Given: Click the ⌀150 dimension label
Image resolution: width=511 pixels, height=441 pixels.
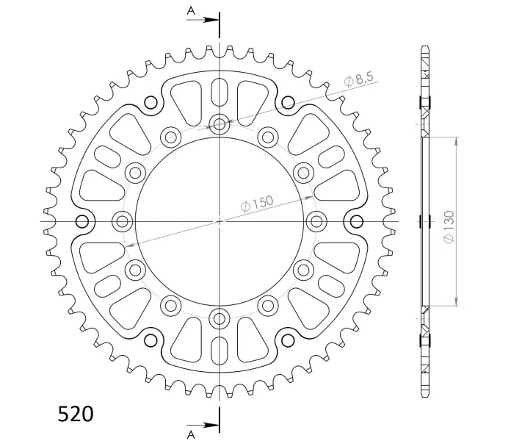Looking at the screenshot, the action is point(257,204).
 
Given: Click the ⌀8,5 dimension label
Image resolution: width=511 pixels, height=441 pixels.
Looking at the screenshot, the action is point(358,79).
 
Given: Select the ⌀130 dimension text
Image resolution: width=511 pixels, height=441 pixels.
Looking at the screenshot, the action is point(449,227).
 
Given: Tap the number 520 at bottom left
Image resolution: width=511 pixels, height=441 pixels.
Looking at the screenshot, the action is point(76,414).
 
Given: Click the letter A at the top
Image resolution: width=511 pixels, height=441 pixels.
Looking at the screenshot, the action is point(191,11).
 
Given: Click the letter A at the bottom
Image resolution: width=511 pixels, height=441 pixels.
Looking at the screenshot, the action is point(191,434).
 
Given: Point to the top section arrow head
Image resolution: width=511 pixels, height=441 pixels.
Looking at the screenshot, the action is point(211,20).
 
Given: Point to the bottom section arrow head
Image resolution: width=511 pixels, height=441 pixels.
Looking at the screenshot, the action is point(211,426).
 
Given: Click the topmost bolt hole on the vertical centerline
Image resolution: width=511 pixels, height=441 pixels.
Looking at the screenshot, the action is point(220,123).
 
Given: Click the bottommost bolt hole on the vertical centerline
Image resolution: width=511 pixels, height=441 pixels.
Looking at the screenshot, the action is point(220,319).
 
